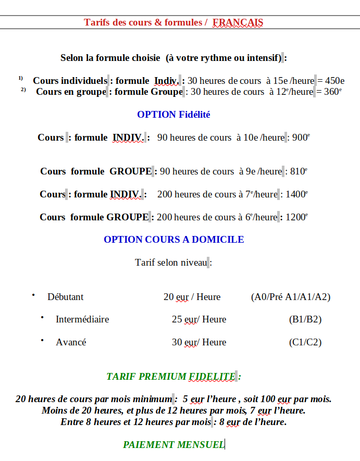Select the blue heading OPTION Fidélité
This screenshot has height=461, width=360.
pos(173,115)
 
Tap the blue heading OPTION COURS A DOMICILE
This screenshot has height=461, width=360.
pos(173,240)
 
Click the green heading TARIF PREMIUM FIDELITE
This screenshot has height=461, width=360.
pos(170,376)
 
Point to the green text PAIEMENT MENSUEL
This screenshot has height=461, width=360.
pos(173,444)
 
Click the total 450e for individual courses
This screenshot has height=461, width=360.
pos(334,81)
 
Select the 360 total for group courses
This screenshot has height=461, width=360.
pos(332,92)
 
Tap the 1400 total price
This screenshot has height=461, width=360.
pos(297,194)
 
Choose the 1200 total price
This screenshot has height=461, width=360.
pos(296,217)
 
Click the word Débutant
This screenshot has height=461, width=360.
pos(65,297)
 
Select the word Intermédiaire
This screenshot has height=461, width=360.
pos(82,319)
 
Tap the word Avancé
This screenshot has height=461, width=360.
pos(71,342)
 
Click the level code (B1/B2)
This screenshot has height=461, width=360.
pos(305,319)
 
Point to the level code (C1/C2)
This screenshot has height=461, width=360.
pos(305,342)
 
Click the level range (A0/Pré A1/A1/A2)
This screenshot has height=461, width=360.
pos(290,297)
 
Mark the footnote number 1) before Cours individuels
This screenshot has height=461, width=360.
pos(21,78)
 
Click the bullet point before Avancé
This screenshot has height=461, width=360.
pos(42,340)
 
